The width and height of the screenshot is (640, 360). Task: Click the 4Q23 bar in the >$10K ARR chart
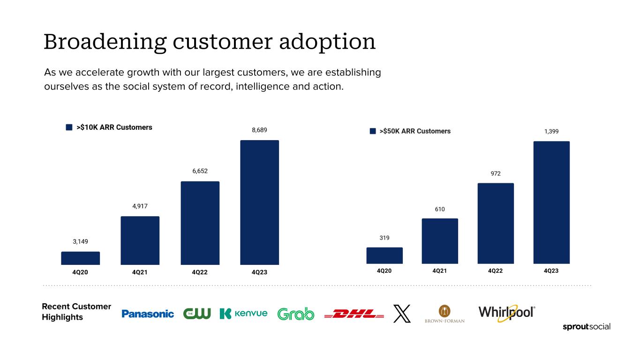click(x=259, y=202)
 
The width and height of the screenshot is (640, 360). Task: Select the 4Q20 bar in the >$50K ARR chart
click(x=384, y=255)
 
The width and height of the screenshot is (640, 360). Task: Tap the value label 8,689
click(x=259, y=130)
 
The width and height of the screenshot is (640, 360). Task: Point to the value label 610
click(x=439, y=209)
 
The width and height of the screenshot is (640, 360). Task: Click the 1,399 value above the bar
click(x=551, y=132)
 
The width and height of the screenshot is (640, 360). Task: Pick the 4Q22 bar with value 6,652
click(x=200, y=223)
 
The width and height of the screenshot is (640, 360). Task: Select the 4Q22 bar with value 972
click(x=495, y=223)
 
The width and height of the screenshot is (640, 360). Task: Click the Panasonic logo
click(x=148, y=314)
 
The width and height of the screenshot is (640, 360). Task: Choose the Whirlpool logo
click(x=506, y=313)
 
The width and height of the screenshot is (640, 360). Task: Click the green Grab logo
click(x=296, y=314)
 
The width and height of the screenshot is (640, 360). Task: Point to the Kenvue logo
click(x=243, y=314)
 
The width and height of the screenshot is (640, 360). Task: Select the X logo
click(x=401, y=314)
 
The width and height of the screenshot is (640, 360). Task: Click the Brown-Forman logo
click(x=444, y=314)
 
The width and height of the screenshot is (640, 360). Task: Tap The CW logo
click(x=197, y=314)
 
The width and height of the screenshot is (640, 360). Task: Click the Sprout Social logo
click(x=586, y=327)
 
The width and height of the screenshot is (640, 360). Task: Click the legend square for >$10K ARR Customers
click(x=69, y=127)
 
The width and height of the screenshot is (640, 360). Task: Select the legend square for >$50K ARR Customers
click(x=373, y=131)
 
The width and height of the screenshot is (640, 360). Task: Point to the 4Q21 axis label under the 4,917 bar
click(x=140, y=272)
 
